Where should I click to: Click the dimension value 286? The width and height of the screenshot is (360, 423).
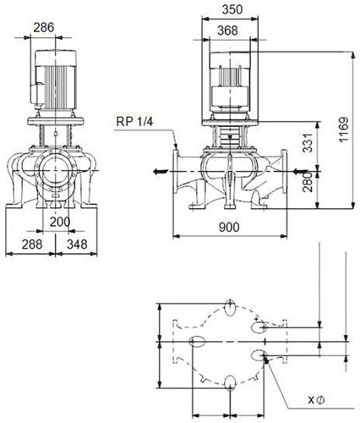point(44,28)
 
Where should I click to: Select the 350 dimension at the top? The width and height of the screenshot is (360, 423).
point(232,9)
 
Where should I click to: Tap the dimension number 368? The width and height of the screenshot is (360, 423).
point(227,30)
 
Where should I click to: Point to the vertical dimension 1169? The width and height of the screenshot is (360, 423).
point(344,129)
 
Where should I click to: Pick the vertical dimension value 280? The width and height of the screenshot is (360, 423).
point(308,182)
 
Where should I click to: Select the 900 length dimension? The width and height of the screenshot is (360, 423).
point(229,227)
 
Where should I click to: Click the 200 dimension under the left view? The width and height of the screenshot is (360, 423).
point(60,222)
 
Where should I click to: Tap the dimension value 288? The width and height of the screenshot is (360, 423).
point(32,244)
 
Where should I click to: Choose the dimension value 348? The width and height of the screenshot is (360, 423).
point(77,244)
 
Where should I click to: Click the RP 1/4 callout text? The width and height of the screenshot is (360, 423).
point(134,122)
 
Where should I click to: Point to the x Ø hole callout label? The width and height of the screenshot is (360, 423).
point(316,399)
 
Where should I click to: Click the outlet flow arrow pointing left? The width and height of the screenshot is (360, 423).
point(161,171)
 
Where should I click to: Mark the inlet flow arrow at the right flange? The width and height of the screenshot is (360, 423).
point(300,171)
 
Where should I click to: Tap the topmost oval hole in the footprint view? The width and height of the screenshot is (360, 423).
point(231,308)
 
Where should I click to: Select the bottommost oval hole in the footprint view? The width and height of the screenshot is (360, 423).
point(230,384)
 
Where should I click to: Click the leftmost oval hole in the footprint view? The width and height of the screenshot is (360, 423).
point(198,342)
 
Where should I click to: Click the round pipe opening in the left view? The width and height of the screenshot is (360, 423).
point(56,171)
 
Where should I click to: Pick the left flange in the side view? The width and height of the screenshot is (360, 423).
point(176,171)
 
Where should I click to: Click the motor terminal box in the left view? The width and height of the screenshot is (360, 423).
point(37,93)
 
